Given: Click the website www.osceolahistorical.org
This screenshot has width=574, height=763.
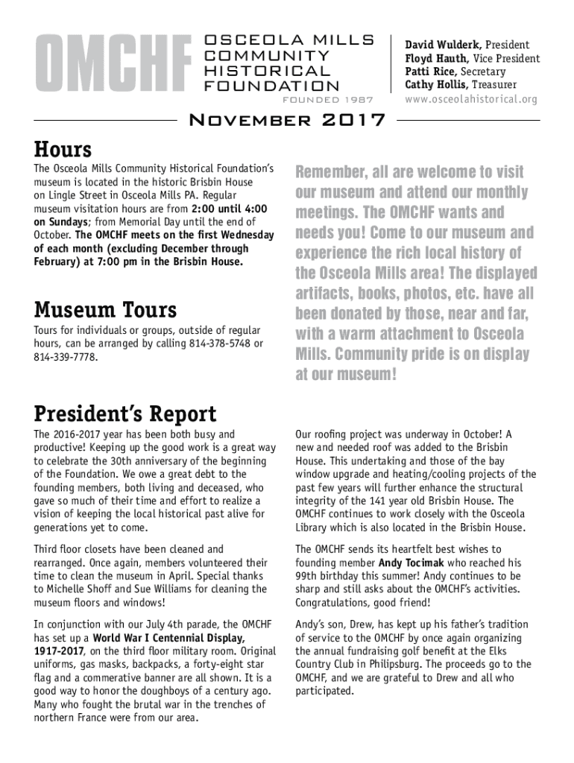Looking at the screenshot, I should [471, 99].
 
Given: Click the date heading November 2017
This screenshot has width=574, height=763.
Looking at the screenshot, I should [288, 120].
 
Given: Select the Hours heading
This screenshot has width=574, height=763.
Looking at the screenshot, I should [63, 149].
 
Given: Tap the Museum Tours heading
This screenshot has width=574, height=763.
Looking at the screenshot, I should [105, 308].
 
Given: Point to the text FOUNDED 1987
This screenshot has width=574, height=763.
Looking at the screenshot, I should [328, 100].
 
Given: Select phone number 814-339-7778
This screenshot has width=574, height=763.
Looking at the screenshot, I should [65, 357].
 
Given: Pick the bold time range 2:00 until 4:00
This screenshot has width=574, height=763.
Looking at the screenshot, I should [230, 209].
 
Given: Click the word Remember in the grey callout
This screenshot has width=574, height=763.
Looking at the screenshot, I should [328, 172].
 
